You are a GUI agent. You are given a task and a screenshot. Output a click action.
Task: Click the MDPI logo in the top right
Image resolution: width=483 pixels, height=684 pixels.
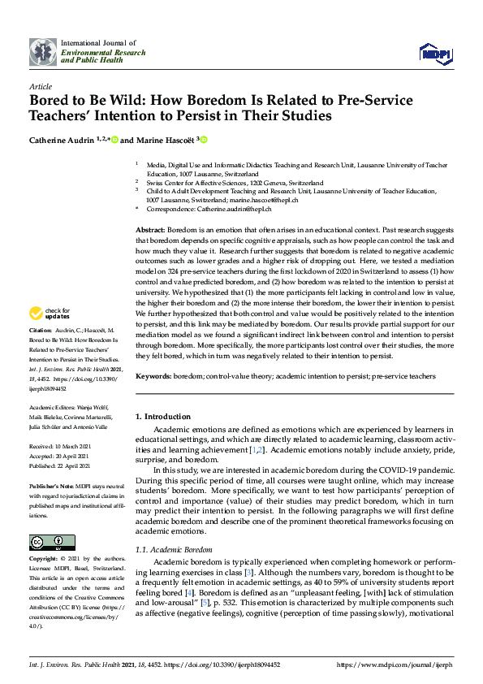434,54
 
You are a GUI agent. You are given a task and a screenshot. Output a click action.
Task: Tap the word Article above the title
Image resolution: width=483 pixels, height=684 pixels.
40,85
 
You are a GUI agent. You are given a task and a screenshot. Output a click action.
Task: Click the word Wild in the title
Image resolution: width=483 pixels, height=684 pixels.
121,101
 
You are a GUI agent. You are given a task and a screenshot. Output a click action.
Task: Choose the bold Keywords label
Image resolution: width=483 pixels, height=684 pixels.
153,377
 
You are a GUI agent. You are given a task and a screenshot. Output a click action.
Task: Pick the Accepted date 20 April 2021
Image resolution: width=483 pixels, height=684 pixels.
63,457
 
